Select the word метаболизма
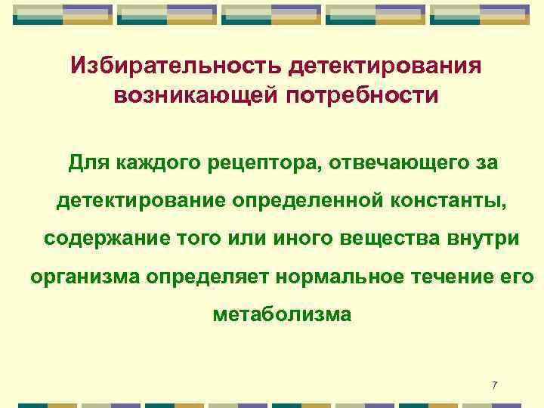(x=282, y=314)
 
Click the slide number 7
(x=494, y=386)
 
